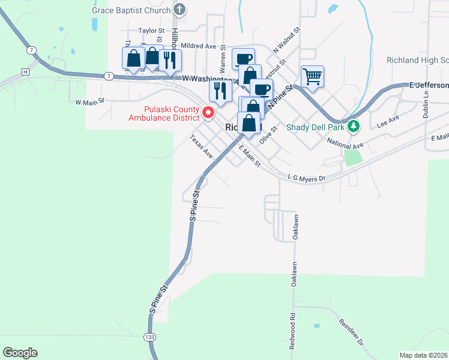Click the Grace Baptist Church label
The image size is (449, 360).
(x=130, y=10)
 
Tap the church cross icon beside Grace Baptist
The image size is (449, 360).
(x=179, y=10)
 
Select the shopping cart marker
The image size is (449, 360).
(x=312, y=76)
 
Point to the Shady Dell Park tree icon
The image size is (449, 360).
(x=354, y=126)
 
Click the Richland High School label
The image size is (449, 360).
(x=418, y=61)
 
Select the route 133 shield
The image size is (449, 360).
(x=149, y=337)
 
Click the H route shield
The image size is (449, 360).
(x=25, y=71)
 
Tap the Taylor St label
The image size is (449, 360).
(x=151, y=30)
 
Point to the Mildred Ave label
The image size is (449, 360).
(x=198, y=46)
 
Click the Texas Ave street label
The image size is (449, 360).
(x=202, y=146)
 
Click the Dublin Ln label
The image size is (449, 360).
(x=426, y=104)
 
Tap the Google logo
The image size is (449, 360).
(x=20, y=353)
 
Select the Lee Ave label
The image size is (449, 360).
(x=388, y=122)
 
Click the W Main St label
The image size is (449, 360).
(x=90, y=102)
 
